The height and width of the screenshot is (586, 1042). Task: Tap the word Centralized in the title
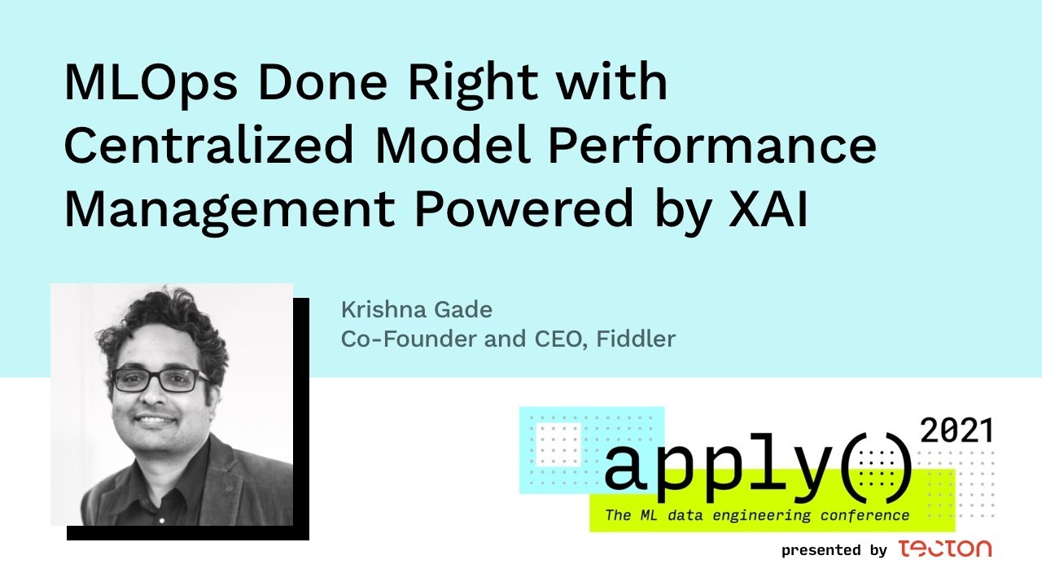pos(209,145)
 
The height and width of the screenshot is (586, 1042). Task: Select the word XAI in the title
pos(768,209)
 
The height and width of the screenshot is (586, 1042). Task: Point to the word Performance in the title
pos(712,145)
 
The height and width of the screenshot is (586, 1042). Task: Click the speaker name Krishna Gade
pos(416,310)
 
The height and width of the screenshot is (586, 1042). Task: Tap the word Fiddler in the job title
pos(636,339)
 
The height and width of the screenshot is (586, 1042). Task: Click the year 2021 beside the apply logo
pos(957,431)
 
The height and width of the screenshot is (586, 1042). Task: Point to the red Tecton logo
pos(945,549)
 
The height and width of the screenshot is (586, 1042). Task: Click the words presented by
pos(834,550)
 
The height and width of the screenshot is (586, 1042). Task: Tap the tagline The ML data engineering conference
pos(757,515)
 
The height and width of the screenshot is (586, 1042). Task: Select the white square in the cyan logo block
pos(558,444)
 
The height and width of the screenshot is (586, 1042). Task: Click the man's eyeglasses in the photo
pos(160,380)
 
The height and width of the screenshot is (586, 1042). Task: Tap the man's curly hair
pos(163,326)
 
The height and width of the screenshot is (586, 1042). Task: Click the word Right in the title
pos(472,84)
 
